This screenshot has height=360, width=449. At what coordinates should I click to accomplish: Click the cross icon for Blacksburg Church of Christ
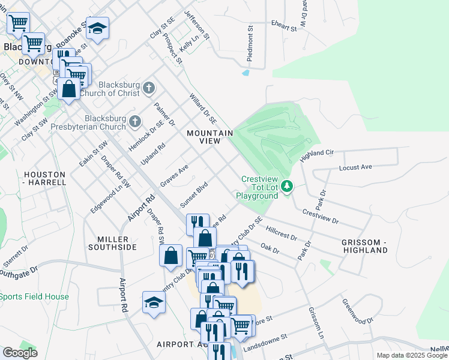(x=149, y=89)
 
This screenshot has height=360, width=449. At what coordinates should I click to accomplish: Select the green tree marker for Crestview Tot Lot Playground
(x=288, y=187)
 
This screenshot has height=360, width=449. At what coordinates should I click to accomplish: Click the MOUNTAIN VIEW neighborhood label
(x=209, y=137)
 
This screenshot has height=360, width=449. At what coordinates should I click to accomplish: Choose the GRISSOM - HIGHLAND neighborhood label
(x=364, y=246)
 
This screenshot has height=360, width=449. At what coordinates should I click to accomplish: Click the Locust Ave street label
(x=355, y=167)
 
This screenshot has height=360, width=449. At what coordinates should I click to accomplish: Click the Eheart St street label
(x=284, y=28)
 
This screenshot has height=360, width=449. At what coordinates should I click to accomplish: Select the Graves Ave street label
(x=174, y=175)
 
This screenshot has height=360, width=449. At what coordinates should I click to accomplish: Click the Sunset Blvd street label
(x=194, y=193)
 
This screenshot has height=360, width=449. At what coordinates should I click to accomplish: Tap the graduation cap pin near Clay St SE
(x=96, y=28)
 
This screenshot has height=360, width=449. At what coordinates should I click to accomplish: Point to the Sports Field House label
(x=34, y=296)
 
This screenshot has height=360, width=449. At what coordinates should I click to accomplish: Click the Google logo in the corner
(x=20, y=353)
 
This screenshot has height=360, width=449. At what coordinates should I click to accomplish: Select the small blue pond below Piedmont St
(x=246, y=73)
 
